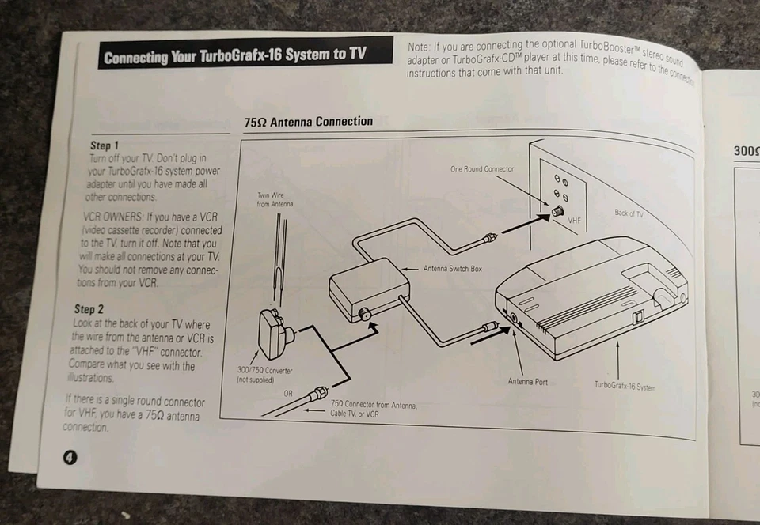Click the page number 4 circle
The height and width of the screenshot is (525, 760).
click(x=70, y=456)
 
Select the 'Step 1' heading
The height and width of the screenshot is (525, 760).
click(x=105, y=146)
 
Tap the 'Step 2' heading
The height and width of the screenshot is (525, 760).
click(x=89, y=309)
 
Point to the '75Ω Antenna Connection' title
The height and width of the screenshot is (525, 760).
click(x=309, y=122)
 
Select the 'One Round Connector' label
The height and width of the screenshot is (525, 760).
click(x=481, y=169)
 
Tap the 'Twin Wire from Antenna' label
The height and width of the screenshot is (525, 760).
click(x=275, y=199)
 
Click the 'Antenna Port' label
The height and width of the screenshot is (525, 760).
click(x=527, y=382)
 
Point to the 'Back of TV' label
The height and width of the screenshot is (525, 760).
click(x=630, y=213)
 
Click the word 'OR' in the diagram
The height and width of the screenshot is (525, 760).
click(x=288, y=392)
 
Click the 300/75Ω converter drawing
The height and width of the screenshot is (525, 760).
click(x=275, y=332)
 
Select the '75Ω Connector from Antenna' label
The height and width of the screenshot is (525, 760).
click(x=374, y=408)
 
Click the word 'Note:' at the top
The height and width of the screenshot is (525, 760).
click(x=421, y=47)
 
